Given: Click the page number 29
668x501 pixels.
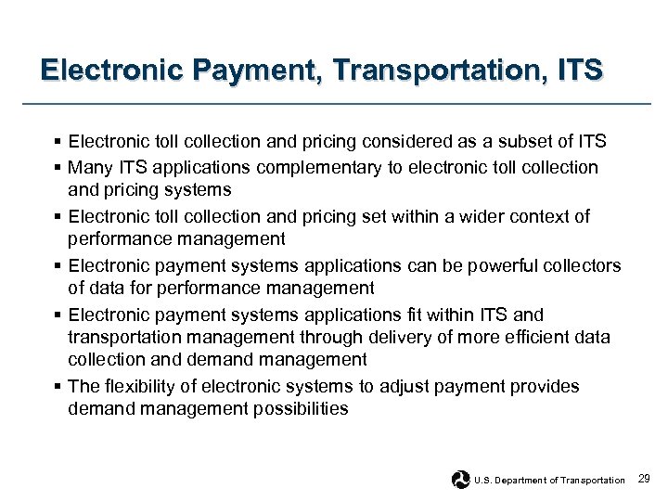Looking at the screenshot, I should coord(646,479).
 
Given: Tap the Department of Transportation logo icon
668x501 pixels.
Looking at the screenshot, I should coord(460,479).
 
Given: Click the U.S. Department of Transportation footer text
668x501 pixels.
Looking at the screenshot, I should coord(549,480).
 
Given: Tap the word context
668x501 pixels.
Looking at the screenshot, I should coord(540,216).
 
